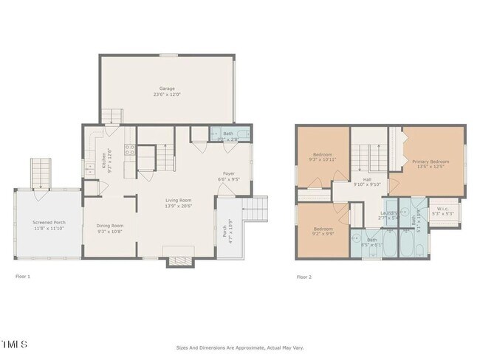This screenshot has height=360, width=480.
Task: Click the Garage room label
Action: [x=166, y=89]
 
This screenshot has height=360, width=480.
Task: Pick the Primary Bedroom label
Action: [x=430, y=161]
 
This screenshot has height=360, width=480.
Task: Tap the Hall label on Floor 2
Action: [x=366, y=179]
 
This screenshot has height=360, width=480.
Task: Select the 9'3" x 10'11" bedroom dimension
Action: [x=322, y=159]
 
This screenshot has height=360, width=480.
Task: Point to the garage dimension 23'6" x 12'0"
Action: [x=166, y=94]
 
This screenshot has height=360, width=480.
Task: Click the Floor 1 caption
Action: [x=24, y=277]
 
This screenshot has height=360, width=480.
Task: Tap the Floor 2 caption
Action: [x=304, y=277]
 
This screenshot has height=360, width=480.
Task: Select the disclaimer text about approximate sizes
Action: [x=240, y=347]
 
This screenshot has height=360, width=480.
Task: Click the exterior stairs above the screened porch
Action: [x=39, y=173]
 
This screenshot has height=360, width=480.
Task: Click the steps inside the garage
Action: [x=110, y=116]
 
